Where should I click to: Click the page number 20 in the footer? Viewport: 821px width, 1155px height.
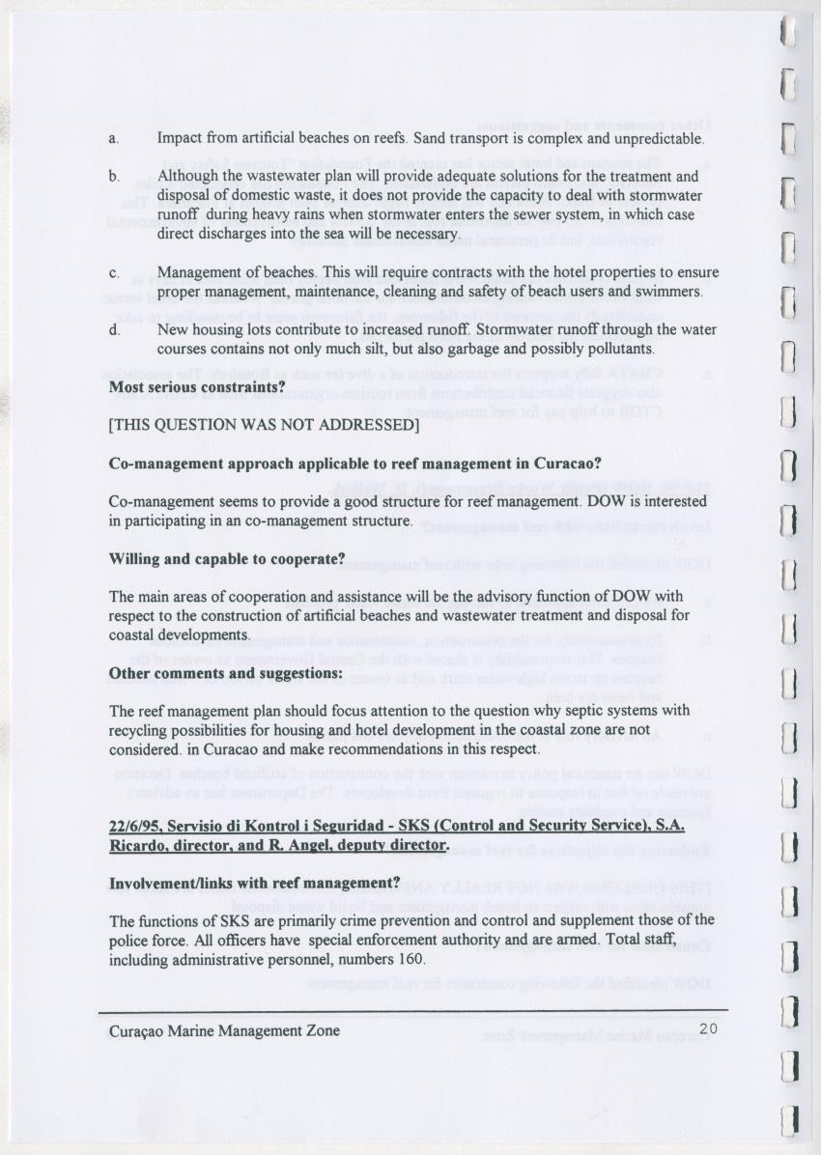[x=710, y=1029]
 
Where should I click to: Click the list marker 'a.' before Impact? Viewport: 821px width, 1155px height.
[x=114, y=139]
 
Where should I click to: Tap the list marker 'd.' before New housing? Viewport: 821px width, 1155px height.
[x=114, y=330]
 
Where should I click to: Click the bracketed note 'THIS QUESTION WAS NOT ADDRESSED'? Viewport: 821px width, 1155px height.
[x=265, y=425]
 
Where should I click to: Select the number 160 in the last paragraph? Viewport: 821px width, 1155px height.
[x=410, y=959]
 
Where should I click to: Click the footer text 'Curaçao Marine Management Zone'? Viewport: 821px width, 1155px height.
[x=224, y=1030]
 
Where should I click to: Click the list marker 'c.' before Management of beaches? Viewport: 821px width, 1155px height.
[x=114, y=273]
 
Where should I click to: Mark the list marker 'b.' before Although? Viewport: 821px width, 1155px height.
[x=114, y=178]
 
